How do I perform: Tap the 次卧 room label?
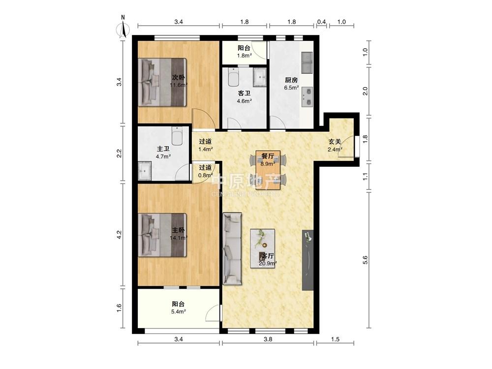[x=178, y=77]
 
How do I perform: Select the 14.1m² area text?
[x=179, y=238]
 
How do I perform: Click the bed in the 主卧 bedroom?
[x=162, y=235]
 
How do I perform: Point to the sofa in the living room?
[x=232, y=249]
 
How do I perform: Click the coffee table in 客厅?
[x=263, y=248]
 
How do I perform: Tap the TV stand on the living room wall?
[x=307, y=260]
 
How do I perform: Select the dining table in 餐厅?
[x=268, y=170]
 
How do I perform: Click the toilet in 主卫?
[x=177, y=136]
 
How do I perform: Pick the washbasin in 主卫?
[x=145, y=171]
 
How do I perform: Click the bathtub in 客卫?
[x=233, y=77]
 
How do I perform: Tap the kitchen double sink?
[x=307, y=62]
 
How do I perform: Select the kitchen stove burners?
[x=307, y=97]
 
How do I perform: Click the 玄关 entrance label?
[x=335, y=142]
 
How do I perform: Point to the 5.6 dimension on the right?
[x=365, y=260]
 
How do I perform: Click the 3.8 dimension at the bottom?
[x=268, y=339]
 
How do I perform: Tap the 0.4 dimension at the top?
[x=321, y=22]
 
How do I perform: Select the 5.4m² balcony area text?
[x=179, y=311]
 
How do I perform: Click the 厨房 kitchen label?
[x=291, y=80]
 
